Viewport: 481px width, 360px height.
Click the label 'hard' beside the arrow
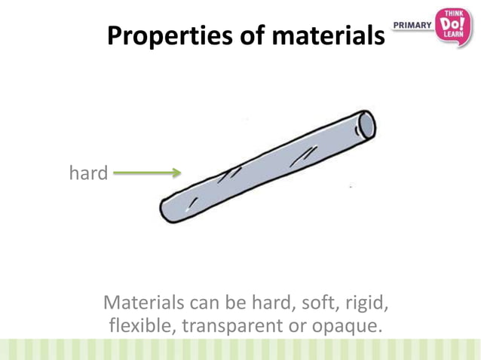coord(88,173)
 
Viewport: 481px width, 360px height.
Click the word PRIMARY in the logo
coord(413,26)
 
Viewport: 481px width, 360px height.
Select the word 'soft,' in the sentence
coord(320,304)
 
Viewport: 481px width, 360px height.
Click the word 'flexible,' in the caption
coord(136,326)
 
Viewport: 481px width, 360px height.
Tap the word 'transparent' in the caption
coord(222,328)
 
